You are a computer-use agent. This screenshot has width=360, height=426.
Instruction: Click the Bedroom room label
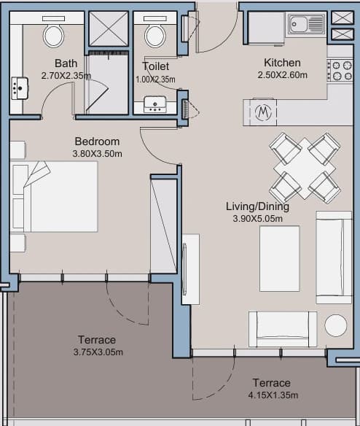(x=97, y=142)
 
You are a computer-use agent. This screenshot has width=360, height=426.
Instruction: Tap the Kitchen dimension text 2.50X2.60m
(x=282, y=75)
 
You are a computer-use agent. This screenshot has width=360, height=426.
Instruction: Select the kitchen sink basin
(x=298, y=24)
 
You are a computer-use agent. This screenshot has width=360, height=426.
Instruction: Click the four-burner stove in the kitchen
(x=340, y=71)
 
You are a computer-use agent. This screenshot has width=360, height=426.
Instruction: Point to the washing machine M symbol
(x=263, y=112)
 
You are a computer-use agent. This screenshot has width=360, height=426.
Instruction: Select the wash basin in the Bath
(x=20, y=88)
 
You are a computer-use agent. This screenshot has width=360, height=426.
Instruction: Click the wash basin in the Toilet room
(x=155, y=104)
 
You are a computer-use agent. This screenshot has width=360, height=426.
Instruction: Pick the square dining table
(x=305, y=169)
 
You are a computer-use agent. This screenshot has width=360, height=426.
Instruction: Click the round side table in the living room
(x=336, y=325)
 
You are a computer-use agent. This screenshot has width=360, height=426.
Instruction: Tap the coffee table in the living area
(x=280, y=258)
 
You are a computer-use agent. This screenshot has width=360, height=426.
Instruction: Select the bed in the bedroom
(x=54, y=197)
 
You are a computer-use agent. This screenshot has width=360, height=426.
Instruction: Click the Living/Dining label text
(x=257, y=206)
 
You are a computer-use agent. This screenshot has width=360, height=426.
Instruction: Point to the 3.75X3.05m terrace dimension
(x=98, y=352)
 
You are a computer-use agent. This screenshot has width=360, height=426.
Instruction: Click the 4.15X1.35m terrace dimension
(x=273, y=395)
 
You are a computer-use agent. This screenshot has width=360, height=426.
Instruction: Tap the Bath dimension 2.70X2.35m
(x=66, y=76)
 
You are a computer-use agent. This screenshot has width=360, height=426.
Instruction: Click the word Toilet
(x=155, y=66)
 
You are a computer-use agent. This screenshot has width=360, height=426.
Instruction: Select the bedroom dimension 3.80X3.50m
(x=97, y=154)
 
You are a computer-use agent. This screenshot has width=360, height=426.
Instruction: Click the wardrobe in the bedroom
(x=164, y=226)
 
